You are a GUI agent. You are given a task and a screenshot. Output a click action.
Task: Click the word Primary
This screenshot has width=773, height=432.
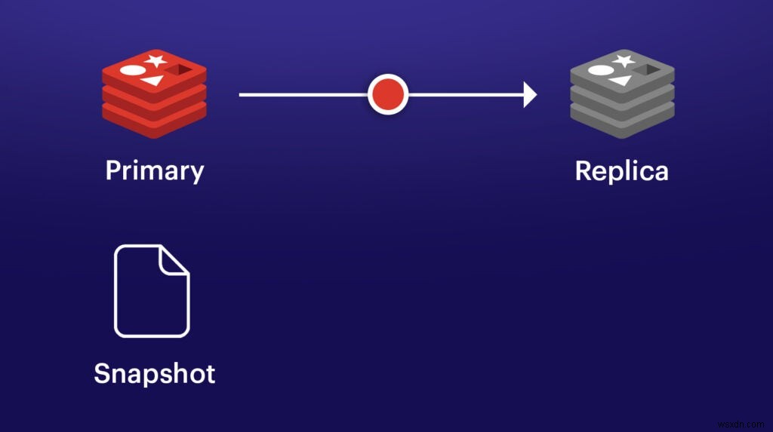point(155,170)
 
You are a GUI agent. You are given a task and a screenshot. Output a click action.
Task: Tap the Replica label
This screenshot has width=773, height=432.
point(621,170)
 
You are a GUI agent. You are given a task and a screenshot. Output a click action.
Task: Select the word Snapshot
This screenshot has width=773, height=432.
point(155,373)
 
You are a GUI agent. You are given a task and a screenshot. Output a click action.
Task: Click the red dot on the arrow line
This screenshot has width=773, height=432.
point(388,95)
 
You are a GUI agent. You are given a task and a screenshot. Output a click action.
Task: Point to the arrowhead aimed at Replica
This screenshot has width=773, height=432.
point(530,95)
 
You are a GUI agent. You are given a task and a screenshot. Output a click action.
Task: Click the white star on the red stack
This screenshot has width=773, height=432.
point(156,60)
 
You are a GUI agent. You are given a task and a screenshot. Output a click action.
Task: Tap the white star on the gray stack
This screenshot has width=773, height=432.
point(624,60)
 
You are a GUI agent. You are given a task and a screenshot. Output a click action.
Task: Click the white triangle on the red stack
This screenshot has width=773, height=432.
point(152,79)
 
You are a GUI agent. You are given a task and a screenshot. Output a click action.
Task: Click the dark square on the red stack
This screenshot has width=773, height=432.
point(180,70)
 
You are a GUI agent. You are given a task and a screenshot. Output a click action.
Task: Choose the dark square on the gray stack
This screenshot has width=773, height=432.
point(647,70)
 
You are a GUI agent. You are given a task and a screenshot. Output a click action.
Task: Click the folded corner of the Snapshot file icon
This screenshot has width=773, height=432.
point(174,259)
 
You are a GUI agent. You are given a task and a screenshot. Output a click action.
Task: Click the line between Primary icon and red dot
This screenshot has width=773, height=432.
point(302,95)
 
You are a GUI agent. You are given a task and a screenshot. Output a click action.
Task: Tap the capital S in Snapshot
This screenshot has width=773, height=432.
point(103,373)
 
